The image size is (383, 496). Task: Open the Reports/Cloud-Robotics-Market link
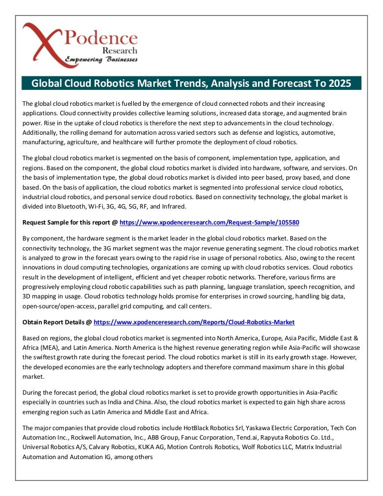(x=194, y=322)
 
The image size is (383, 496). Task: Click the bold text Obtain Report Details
(x=54, y=322)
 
